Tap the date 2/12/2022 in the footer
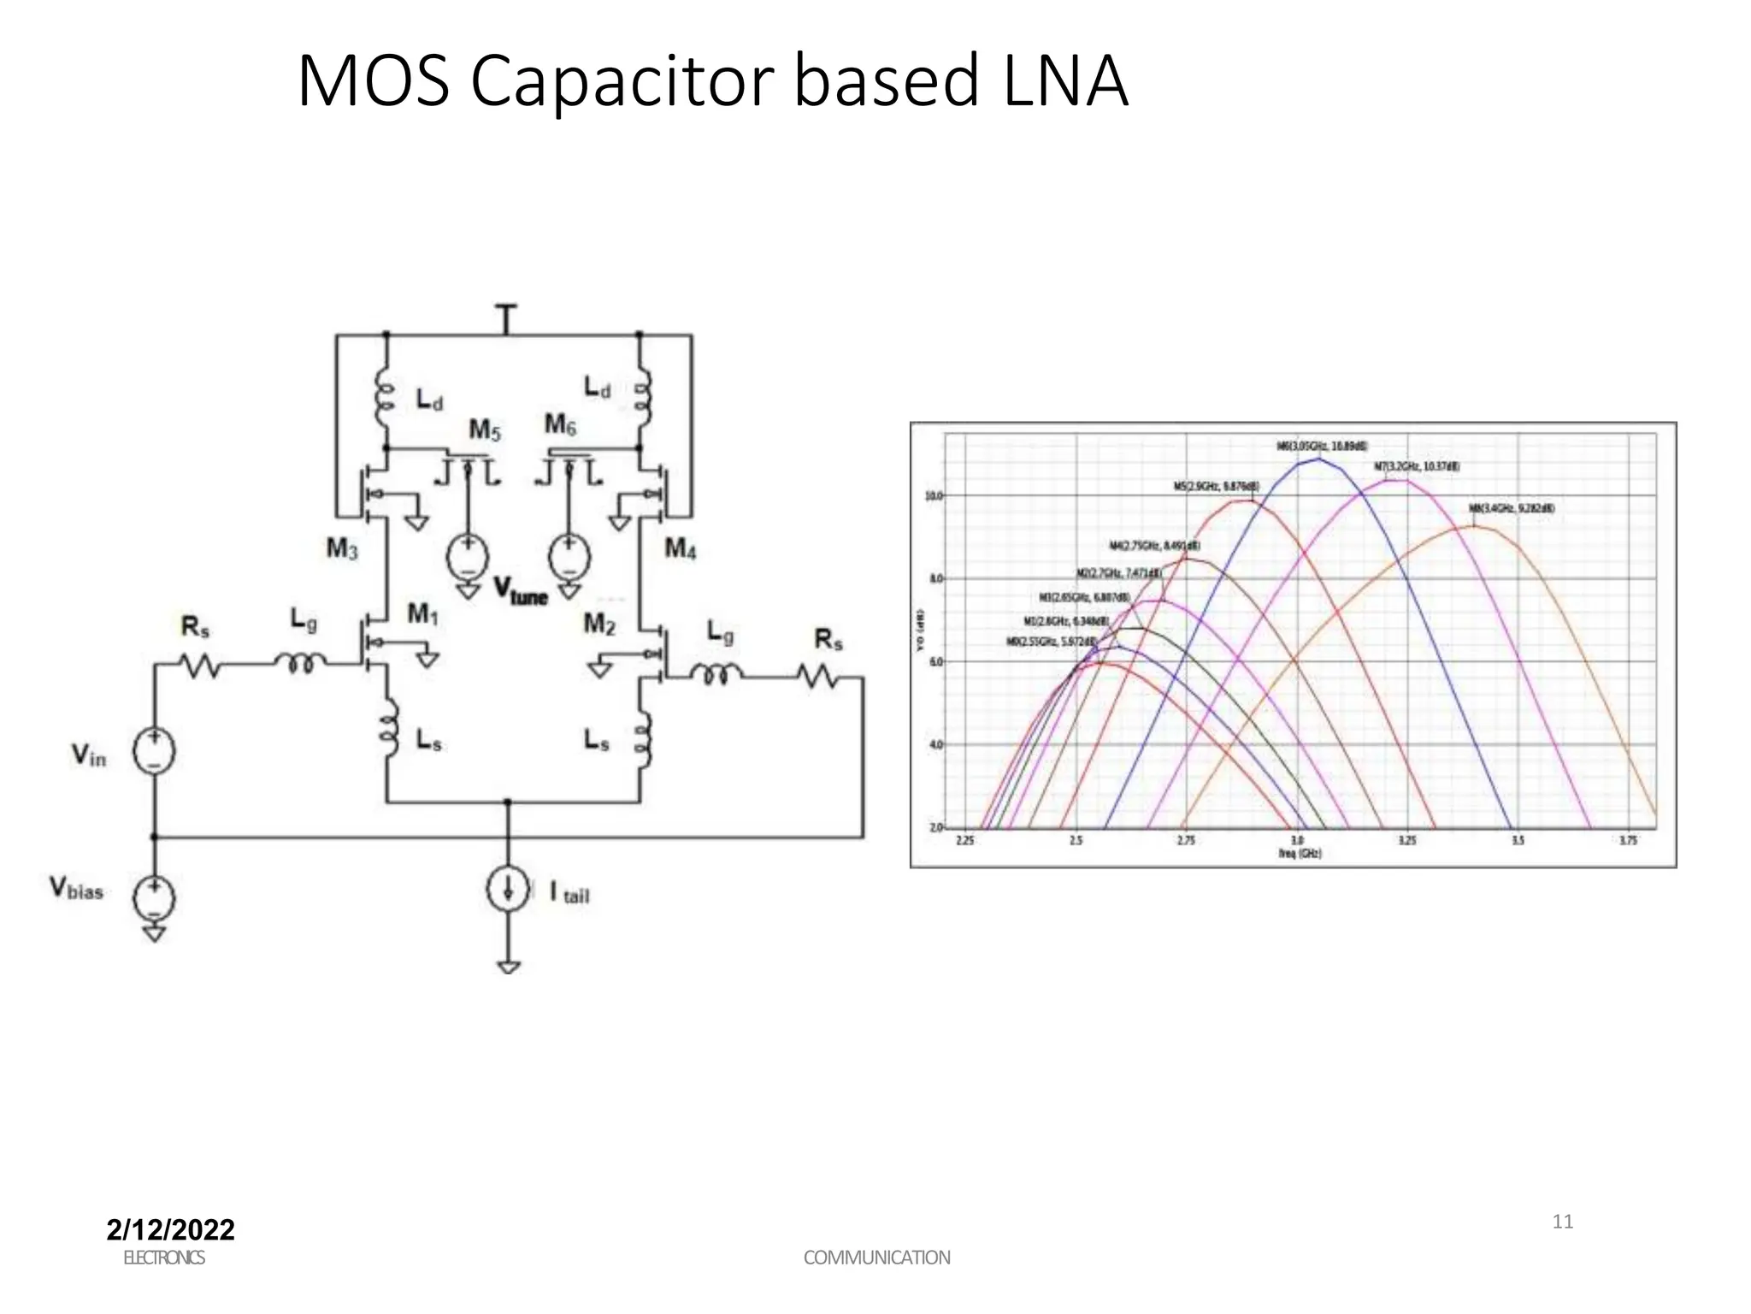pos(170,1229)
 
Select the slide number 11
pos(1562,1222)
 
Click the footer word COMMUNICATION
pos(876,1258)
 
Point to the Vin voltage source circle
pos(154,752)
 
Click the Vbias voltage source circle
pos(154,897)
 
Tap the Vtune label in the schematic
pos(521,591)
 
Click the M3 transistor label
pos(342,548)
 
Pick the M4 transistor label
pos(681,548)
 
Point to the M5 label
pos(484,429)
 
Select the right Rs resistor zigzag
pos(819,678)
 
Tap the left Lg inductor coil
pos(299,662)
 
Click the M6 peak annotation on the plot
pos(1322,447)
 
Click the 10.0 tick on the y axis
pos(933,496)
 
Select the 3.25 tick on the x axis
pos(1406,841)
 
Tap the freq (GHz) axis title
pos(1300,854)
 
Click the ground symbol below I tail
pos(508,968)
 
